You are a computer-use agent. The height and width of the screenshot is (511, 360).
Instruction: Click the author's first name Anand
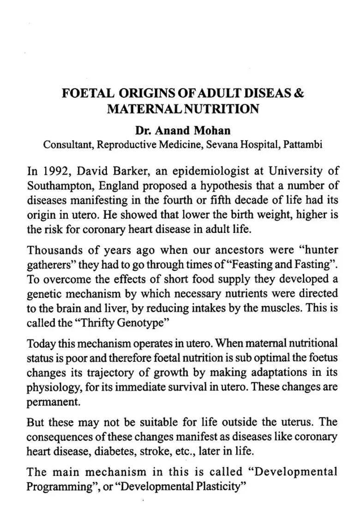tap(173, 130)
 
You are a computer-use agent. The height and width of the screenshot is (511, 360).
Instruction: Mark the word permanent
tap(53, 401)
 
